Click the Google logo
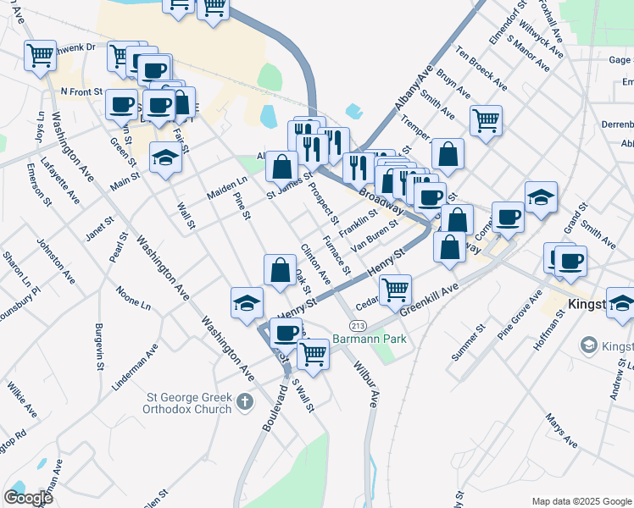(x=28, y=498)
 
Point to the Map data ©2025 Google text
(x=580, y=501)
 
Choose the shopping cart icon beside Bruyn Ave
(x=486, y=119)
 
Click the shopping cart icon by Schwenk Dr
(x=40, y=55)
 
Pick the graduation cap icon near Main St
(x=165, y=157)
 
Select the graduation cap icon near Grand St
(x=541, y=196)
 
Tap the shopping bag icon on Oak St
(x=280, y=270)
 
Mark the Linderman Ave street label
(x=135, y=367)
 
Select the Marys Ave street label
(x=561, y=432)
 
